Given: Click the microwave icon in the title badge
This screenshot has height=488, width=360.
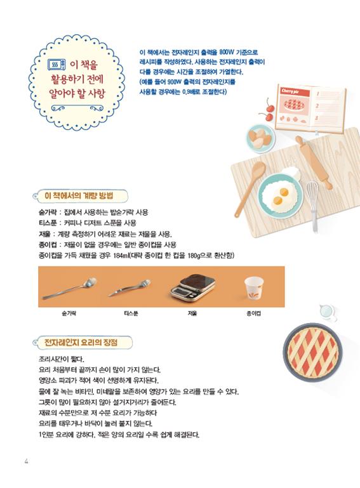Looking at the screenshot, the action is (57, 65).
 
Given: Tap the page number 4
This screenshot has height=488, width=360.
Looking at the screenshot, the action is (27, 461).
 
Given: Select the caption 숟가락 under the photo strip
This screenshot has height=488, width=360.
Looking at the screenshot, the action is (69, 313).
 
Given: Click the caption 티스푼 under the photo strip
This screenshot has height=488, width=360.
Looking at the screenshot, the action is (131, 313).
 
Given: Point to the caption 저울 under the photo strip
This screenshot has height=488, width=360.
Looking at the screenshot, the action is (192, 313).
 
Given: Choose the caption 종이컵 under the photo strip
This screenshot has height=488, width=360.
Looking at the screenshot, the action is (253, 313).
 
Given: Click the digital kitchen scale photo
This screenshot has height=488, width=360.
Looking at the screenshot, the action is (193, 288).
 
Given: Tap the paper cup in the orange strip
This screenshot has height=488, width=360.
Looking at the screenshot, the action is (254, 288).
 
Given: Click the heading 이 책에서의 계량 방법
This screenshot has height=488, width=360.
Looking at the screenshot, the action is (79, 195).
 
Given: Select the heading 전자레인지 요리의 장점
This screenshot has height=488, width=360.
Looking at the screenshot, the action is (81, 342).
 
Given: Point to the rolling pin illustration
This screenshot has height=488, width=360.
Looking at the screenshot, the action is (314, 162).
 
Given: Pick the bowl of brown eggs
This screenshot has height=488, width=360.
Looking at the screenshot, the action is (260, 139).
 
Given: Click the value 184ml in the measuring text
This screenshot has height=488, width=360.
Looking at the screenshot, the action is (122, 256).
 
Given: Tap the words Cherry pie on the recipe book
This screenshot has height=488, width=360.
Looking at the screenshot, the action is (290, 91).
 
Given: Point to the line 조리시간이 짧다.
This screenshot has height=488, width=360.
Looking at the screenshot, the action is (62, 359).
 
